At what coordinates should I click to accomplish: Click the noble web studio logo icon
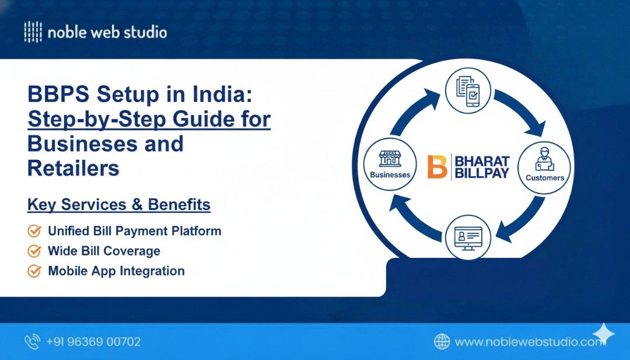33,32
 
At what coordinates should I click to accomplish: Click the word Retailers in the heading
73,168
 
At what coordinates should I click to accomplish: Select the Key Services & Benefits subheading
119,205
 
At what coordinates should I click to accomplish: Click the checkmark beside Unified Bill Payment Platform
34,231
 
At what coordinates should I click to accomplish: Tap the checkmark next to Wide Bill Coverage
34,251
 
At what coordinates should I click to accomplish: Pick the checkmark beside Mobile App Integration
34,271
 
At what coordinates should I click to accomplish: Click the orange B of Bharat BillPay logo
437,166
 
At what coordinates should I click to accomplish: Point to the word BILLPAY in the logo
482,173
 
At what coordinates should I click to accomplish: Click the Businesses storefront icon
390,159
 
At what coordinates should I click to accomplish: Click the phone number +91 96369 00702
94,342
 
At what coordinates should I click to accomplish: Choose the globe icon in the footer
442,342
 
